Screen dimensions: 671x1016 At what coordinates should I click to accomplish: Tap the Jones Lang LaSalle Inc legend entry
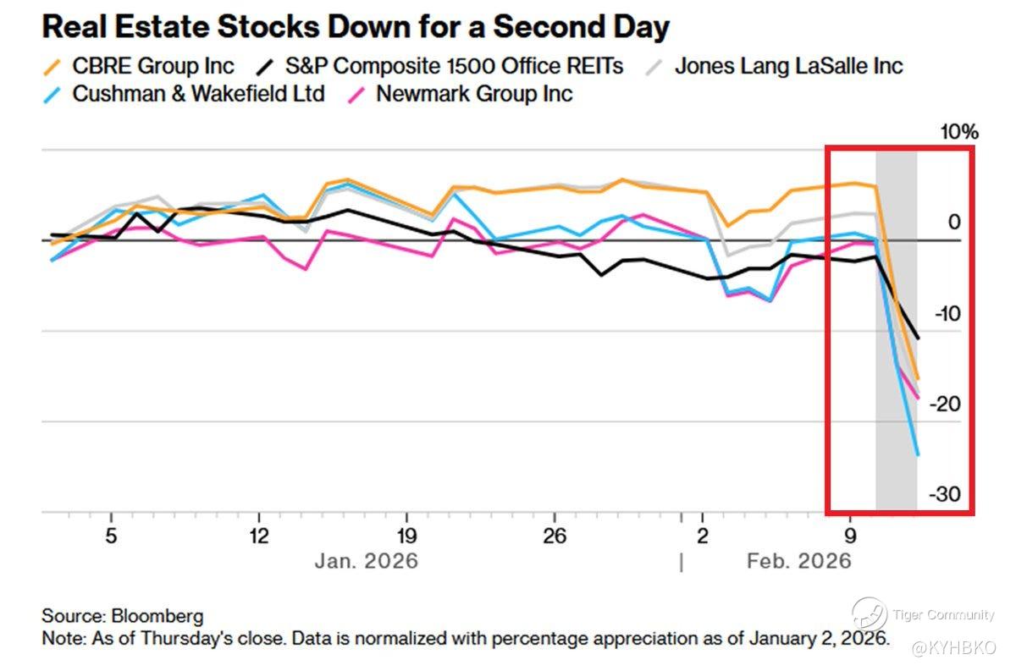point(788,66)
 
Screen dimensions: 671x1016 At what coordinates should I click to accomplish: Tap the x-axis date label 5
point(111,536)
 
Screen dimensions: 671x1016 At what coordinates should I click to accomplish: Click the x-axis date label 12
point(258,536)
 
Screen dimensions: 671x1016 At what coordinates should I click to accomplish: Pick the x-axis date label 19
point(406,536)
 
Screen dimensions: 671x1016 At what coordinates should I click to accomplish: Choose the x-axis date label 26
point(555,536)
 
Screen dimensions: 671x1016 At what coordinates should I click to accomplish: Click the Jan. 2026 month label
point(367,562)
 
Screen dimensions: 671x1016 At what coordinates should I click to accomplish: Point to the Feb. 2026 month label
point(798,562)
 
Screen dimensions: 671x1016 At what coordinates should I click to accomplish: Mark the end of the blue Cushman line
point(918,455)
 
